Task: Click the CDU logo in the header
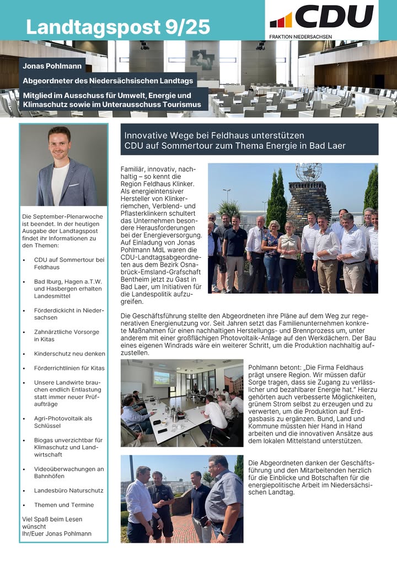point(322,17)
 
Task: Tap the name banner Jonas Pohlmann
point(52,66)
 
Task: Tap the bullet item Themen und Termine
point(64,505)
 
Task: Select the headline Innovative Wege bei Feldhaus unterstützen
point(214,135)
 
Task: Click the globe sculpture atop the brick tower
point(309,172)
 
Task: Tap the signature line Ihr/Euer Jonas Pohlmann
point(57,534)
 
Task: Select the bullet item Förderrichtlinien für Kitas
point(69,368)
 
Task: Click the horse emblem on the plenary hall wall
point(202,59)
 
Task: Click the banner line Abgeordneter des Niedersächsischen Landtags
point(108,81)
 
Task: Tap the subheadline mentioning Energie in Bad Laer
point(234,146)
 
